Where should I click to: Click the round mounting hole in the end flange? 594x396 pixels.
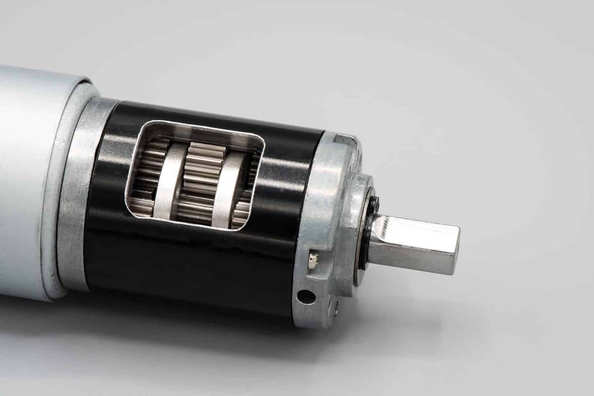point(306,297)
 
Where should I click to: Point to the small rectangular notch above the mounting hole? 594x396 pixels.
point(312,259)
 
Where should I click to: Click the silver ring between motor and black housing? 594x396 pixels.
point(74,193)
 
